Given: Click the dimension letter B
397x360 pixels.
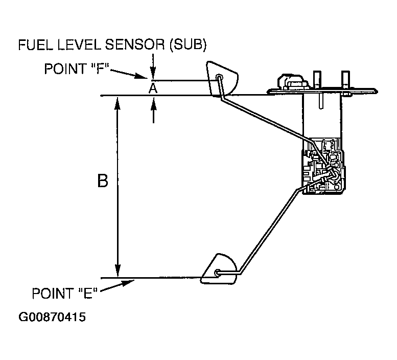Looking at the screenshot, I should click(x=103, y=182).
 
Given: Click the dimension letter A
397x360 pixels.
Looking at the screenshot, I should click(x=152, y=88).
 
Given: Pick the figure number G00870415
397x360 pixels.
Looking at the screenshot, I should click(x=52, y=317).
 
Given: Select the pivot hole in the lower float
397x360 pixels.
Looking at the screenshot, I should click(x=218, y=272).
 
